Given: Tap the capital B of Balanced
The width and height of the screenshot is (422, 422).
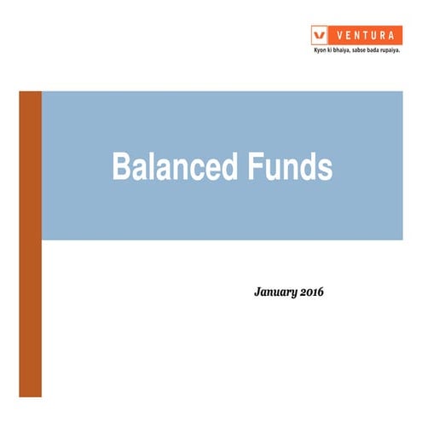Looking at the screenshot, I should pos(120,168).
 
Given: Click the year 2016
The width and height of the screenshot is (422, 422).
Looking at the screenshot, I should pos(313,292).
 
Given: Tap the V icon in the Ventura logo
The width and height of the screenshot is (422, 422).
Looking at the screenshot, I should pos(320,35).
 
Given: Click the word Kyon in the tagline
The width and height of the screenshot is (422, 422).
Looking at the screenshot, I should pos(321,49).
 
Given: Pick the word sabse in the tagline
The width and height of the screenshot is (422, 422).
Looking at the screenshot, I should pos(369,49).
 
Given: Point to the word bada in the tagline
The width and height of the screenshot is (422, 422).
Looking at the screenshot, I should pos(388,49).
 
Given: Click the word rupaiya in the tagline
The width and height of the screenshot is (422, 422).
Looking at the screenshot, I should pos(408,49).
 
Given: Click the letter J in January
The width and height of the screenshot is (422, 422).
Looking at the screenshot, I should pos(257,292).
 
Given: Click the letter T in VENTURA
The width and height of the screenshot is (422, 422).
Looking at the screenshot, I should pos(364,35).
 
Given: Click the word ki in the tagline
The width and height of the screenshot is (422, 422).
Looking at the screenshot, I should pos(332,49).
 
